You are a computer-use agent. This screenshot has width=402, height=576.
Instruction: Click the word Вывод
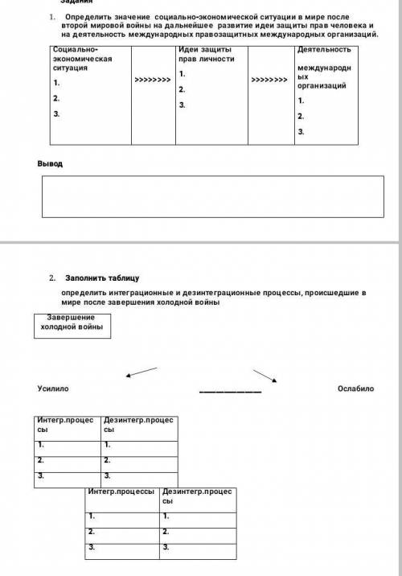point(50,163)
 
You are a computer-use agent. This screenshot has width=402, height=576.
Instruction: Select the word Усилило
point(53,389)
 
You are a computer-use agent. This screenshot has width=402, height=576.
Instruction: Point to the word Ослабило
point(356,389)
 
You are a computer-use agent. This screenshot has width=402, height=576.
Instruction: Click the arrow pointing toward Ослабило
point(265,375)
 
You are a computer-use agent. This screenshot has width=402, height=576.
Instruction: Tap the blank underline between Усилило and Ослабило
point(230,392)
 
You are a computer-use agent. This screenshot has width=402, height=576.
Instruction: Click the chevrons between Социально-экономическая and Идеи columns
point(152,80)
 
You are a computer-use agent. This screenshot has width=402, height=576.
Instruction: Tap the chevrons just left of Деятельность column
point(269,80)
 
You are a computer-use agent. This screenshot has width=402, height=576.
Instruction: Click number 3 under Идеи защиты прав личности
point(183,105)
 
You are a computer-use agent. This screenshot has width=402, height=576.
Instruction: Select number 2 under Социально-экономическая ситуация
point(56,98)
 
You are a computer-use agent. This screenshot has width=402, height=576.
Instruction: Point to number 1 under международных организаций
point(301,101)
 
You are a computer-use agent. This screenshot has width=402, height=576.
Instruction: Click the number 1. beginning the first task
point(51,15)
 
